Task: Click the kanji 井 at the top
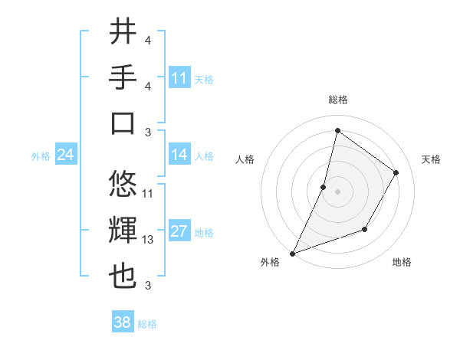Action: (123, 31)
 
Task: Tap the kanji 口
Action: (123, 123)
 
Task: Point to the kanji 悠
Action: (123, 184)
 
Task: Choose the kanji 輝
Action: (123, 231)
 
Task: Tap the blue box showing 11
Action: (179, 78)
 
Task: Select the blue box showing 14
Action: (179, 155)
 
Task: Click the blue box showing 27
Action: (179, 232)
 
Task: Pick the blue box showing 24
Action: (66, 155)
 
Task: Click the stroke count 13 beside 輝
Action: (148, 240)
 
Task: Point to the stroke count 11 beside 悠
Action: (148, 193)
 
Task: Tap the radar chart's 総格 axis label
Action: (337, 100)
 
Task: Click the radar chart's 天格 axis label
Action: (431, 159)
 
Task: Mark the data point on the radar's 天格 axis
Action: (396, 172)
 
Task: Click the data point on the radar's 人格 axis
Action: (324, 187)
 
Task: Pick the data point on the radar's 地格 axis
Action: (366, 230)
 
